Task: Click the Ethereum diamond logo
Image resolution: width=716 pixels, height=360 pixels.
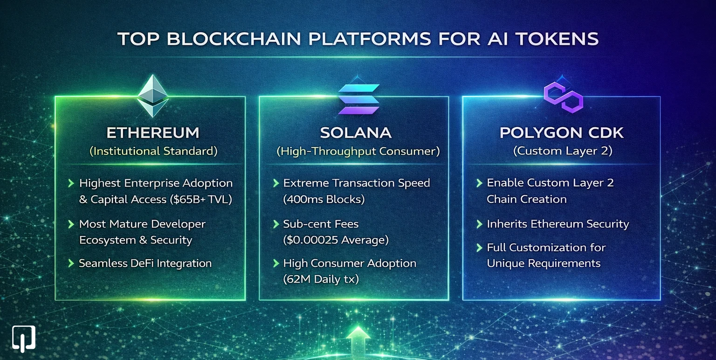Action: pos(152,97)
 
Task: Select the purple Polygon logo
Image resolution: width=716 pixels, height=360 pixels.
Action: pos(563,97)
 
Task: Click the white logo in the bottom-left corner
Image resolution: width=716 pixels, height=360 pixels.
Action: pos(24,338)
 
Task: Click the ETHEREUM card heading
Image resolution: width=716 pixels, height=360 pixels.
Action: pos(153,133)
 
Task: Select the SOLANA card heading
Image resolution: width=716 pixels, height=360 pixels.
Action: pos(356,133)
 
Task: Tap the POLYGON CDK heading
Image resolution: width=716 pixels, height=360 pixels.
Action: pos(561,133)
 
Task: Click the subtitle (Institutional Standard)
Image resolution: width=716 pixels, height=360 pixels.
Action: pos(153,151)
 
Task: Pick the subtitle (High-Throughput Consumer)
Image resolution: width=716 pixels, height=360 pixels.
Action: pos(358,151)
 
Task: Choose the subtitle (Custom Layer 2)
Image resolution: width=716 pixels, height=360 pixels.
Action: pos(561,151)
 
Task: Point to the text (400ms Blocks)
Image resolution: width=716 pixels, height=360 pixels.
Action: pos(324,199)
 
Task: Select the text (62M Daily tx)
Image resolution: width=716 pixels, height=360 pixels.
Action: pos(321,279)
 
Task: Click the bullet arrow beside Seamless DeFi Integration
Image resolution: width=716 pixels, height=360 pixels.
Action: pos(71,263)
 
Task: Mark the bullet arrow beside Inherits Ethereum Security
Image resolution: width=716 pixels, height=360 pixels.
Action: pos(479,224)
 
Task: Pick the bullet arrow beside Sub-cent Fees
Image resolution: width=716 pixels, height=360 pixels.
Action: pos(276,224)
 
